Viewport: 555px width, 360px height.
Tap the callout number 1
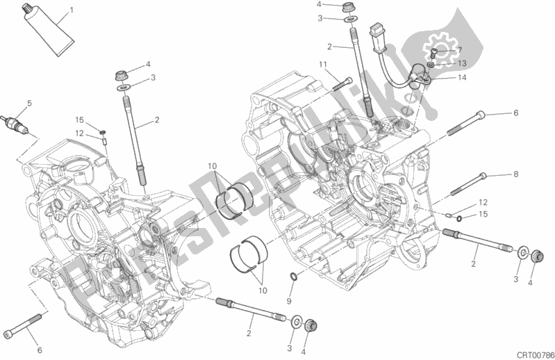tap(70, 11)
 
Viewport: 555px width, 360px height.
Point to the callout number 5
tap(28, 104)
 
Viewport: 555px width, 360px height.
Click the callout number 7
tap(458, 49)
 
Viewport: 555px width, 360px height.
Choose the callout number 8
tap(515, 174)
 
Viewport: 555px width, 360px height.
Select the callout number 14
tap(461, 78)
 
